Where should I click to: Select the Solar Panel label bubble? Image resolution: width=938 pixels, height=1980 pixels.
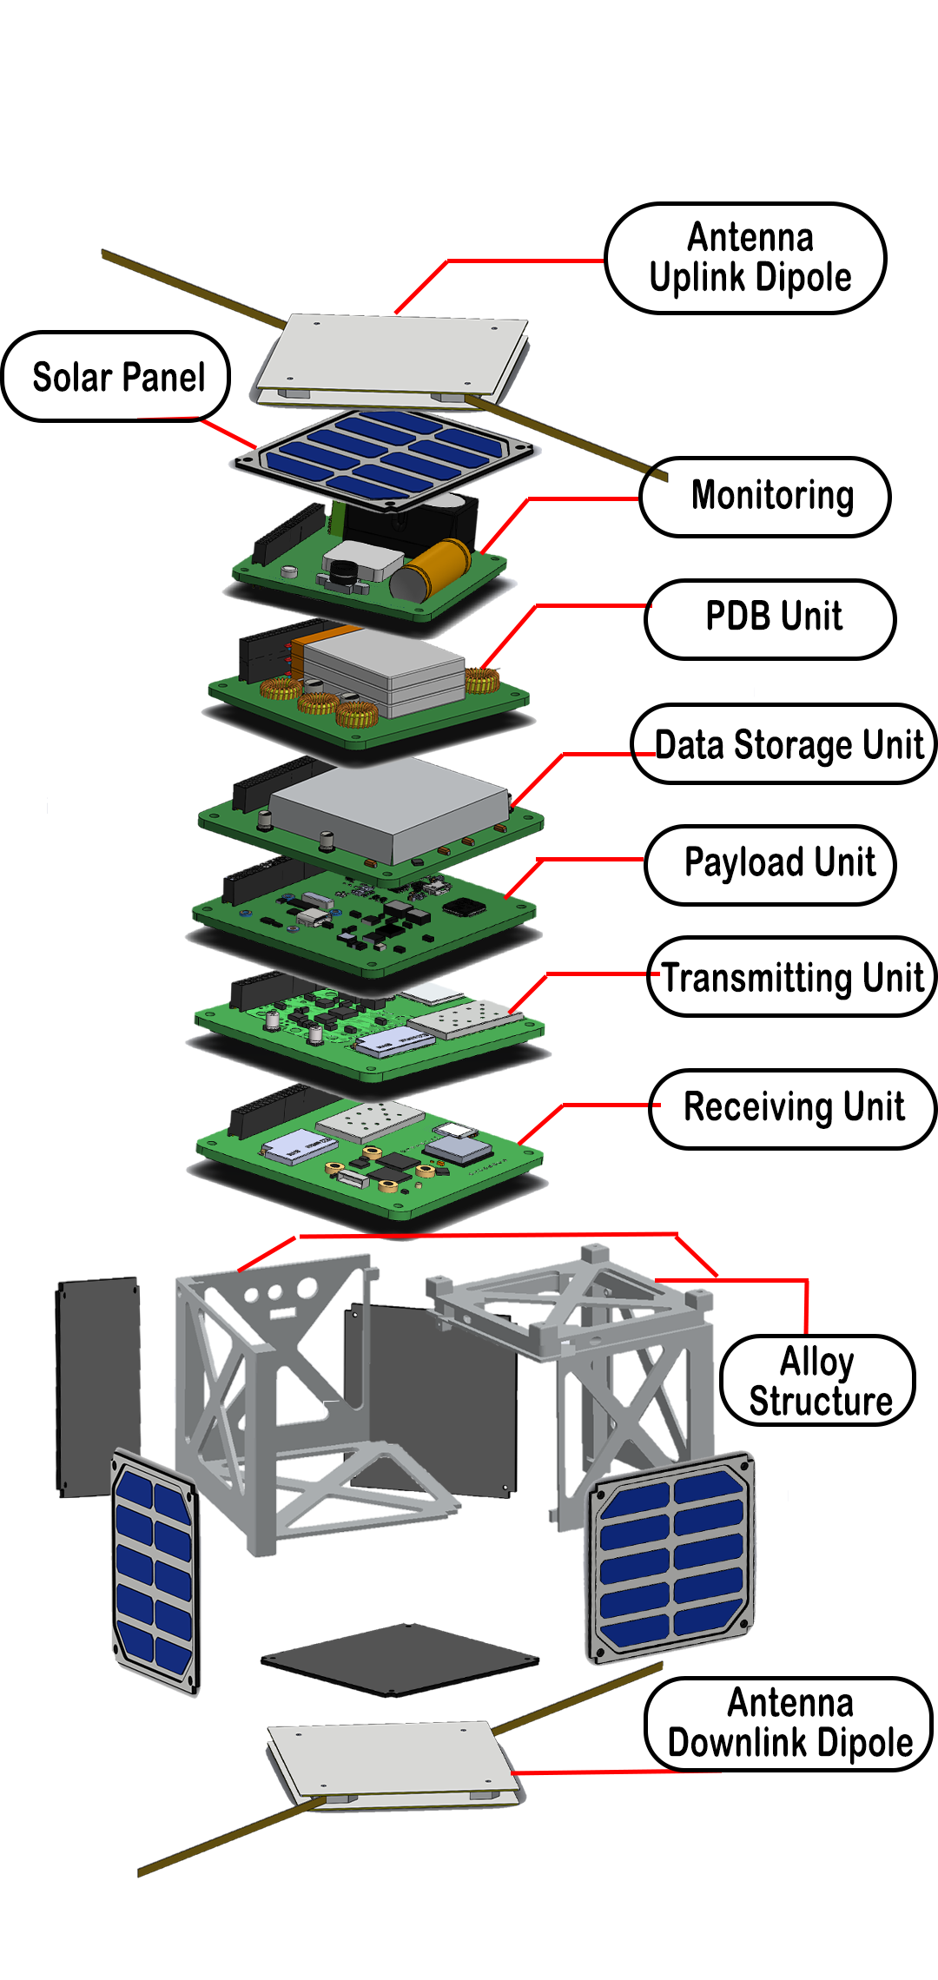116,377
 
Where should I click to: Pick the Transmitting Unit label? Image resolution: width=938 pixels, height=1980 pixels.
791,977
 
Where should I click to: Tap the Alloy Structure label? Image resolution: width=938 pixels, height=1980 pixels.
818,1380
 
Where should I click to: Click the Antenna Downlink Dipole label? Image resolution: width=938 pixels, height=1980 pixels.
789,1723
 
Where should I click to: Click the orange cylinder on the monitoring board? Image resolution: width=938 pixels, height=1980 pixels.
431,570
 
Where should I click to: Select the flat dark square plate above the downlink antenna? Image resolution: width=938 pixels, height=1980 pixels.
400,1658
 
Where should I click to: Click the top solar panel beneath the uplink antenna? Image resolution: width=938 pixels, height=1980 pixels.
386,460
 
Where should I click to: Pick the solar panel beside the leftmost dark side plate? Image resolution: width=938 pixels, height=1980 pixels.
155,1572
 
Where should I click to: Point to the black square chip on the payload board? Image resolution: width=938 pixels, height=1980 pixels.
464,907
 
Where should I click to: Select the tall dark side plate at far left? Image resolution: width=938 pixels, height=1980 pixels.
98,1386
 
